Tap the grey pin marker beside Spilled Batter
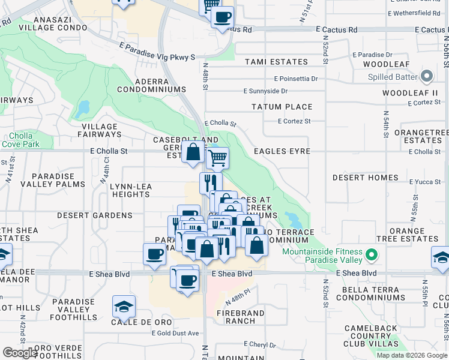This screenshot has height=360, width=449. coord(427,76)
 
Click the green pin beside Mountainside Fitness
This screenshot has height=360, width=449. coord(372,255)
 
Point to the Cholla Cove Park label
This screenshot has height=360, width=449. coord(20,140)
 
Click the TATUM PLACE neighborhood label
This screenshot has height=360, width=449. coord(282,107)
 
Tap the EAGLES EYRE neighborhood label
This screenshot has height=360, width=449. coord(282,152)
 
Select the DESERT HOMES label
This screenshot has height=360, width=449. coord(366,178)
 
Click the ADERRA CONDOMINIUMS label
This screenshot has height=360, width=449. coord(151,85)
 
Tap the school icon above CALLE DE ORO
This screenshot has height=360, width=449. coord(124,307)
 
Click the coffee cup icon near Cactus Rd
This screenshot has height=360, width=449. coord(222,17)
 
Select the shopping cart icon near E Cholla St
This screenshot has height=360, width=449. coord(217,158)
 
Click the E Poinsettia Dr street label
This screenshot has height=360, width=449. coord(296,79)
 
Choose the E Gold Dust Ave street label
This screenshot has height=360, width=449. coord(175,333)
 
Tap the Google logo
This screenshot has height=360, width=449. coord(20,353)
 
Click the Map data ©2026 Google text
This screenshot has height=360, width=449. coord(412,355)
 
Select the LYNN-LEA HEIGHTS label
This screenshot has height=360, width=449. coord(131,191)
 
